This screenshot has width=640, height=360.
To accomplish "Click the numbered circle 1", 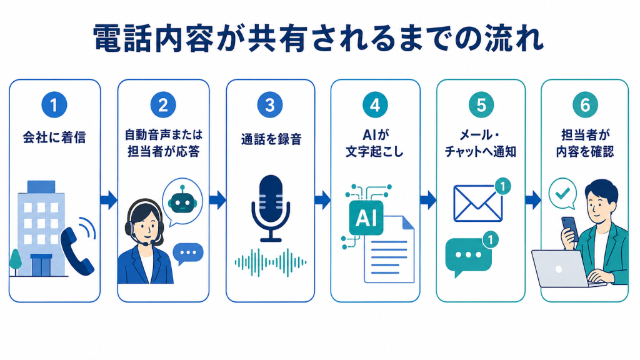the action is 54,105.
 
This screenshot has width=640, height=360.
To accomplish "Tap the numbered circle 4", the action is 375,105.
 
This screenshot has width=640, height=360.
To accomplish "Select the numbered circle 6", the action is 585,105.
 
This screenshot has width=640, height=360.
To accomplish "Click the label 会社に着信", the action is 54,137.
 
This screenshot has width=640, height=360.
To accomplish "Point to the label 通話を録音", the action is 271,139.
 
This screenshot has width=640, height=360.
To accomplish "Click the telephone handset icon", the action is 77,247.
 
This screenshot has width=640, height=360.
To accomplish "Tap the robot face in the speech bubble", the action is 182,200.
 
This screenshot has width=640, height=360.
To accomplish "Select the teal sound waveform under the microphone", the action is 271,262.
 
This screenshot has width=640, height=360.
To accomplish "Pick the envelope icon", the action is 477,203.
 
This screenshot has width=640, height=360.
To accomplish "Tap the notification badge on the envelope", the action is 503,186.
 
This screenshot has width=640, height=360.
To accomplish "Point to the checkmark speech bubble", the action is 562,194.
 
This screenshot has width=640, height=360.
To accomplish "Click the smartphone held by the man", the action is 570,229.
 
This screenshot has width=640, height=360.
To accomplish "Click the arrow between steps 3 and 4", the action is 323,200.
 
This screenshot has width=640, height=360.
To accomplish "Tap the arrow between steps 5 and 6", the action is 533,200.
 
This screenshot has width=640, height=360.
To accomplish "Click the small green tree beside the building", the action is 16,261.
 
